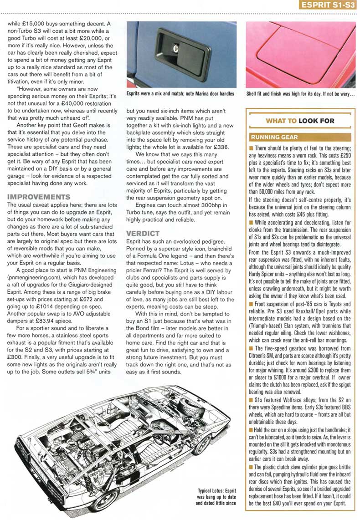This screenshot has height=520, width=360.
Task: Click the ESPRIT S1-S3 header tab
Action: tap(326, 6)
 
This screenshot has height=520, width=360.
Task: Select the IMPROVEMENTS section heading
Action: tap(39, 197)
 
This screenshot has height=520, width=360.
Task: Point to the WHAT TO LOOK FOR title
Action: tap(300, 121)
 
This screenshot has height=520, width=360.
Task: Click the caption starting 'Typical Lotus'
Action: tap(216, 497)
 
